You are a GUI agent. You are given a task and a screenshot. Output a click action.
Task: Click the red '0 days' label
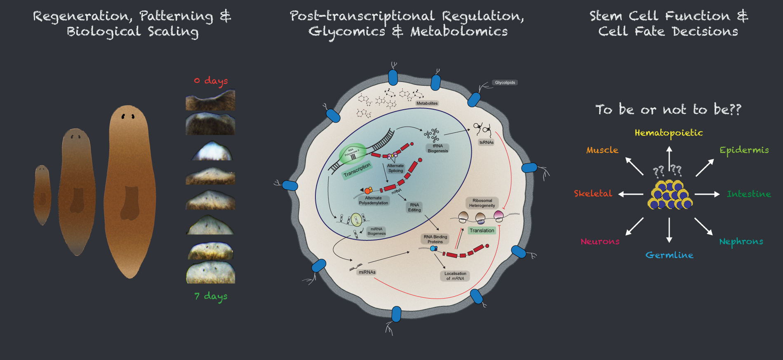(211, 81)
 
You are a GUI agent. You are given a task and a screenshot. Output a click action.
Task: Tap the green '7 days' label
(211, 296)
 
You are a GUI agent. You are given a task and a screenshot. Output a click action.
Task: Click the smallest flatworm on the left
(42, 195)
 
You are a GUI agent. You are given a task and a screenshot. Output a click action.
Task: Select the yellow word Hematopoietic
(668, 133)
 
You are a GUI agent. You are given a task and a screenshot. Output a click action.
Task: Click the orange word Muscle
(602, 150)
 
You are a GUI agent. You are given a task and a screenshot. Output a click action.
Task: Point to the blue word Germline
(669, 255)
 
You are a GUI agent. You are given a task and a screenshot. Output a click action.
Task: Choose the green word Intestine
(748, 194)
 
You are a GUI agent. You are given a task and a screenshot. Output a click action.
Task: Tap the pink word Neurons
(600, 242)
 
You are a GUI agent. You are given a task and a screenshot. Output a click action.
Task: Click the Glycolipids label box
(505, 82)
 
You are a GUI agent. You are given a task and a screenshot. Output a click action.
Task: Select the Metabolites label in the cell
(427, 104)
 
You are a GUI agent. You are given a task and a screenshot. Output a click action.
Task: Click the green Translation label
(482, 231)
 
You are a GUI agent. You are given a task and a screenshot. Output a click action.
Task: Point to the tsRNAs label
(486, 142)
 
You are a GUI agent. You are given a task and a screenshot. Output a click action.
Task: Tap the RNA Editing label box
(414, 207)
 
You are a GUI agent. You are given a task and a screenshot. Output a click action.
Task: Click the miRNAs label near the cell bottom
(367, 272)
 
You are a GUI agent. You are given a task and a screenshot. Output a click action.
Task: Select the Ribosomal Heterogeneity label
(482, 203)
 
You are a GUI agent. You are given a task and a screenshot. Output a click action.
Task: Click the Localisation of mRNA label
(455, 276)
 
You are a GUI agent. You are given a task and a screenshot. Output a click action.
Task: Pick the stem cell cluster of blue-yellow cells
(670, 194)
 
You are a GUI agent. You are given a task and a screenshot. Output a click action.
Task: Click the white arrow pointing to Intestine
(707, 194)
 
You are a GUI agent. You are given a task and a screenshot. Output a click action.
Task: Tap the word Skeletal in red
(593, 193)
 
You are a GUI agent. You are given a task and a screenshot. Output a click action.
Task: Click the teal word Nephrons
(741, 242)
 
